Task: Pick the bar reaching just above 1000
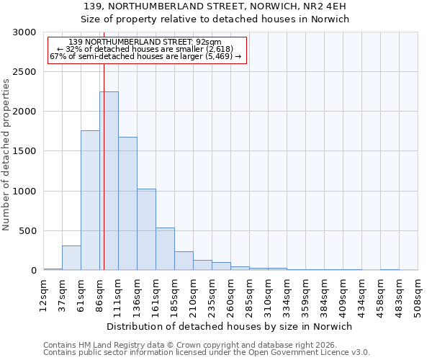[146, 229]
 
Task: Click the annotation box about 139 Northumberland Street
[147, 50]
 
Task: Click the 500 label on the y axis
[28, 231]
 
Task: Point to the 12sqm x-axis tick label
[44, 294]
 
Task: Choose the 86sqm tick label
[100, 294]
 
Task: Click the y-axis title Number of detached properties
[6, 155]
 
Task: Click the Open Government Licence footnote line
[207, 353]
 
